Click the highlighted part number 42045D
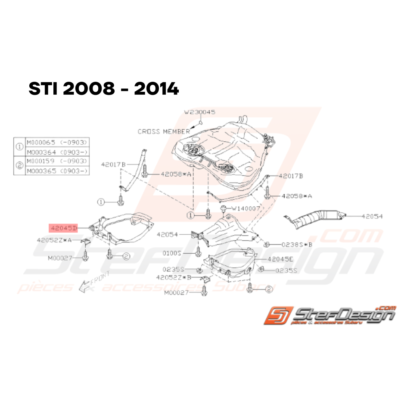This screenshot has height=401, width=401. (x=63, y=227)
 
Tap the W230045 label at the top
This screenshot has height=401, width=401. (x=200, y=112)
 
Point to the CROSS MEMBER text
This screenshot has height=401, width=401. (x=163, y=131)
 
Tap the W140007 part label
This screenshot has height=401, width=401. (x=246, y=208)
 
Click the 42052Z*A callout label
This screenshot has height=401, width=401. (x=54, y=239)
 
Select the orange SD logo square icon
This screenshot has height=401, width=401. (x=279, y=316)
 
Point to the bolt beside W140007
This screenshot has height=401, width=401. (x=224, y=209)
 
